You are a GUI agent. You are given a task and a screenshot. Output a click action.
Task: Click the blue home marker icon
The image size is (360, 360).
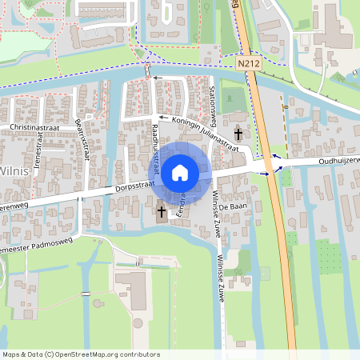coord(180,172)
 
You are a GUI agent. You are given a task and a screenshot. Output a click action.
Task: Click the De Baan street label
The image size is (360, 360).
coord(241,206)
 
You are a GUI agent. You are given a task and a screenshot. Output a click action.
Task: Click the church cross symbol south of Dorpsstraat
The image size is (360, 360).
coord(162,211)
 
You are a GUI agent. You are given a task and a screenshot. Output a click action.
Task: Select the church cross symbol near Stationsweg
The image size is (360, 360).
coord(238,134)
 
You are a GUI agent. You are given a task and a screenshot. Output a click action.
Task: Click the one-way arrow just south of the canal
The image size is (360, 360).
coord(155,78)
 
